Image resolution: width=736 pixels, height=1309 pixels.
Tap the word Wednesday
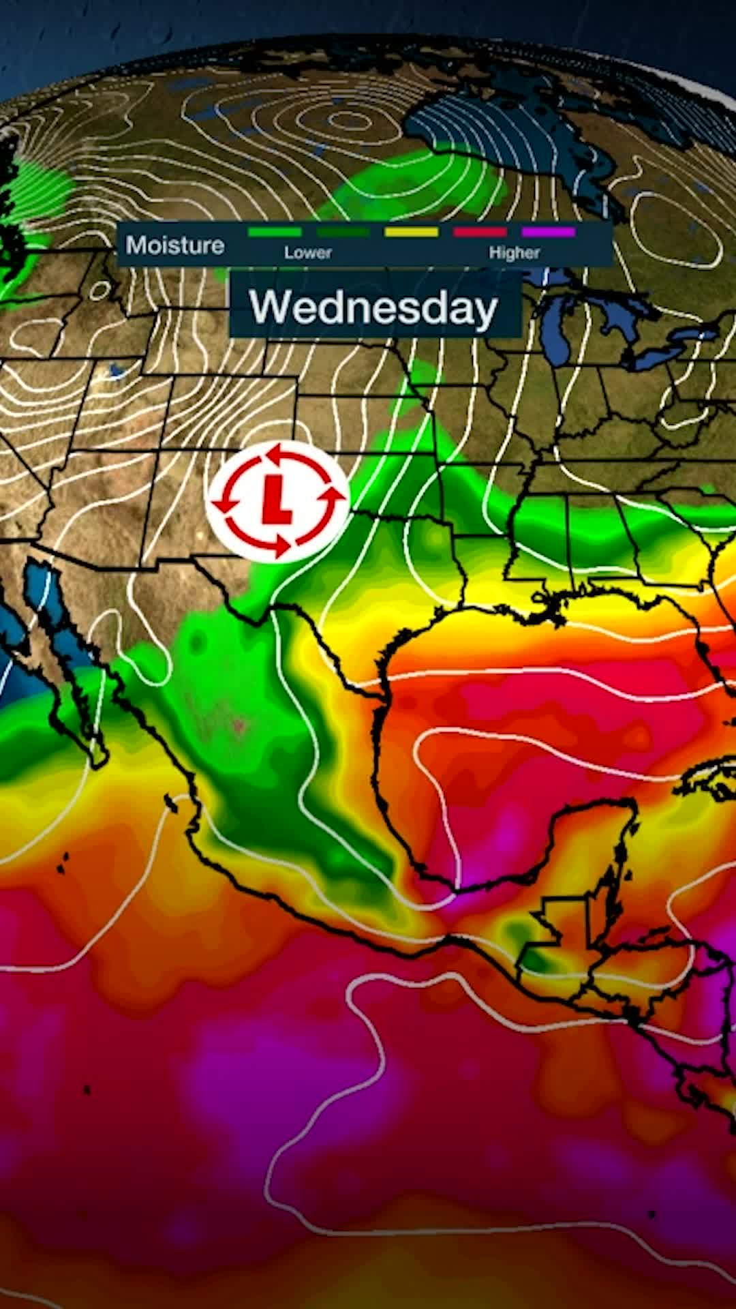373,307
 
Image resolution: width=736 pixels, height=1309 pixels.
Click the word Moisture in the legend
175,245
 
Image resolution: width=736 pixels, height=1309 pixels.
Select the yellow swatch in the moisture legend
411,232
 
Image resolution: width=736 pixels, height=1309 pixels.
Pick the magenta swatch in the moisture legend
549,232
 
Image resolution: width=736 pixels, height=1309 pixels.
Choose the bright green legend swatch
274,232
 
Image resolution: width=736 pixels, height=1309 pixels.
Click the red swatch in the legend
480,232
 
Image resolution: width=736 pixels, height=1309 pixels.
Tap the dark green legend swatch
343,232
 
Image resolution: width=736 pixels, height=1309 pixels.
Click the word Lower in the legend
308,253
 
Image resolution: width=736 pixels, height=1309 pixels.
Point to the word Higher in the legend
514,253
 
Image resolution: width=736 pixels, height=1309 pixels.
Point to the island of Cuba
709,784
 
